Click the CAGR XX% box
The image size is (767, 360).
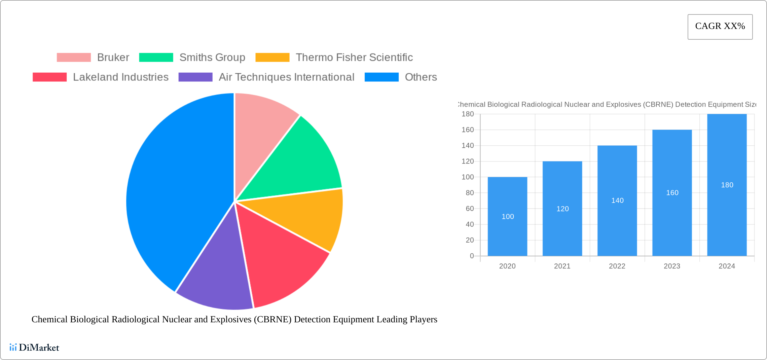[x=720, y=27]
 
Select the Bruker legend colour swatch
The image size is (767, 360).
[x=74, y=58]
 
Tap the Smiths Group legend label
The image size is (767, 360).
[x=212, y=58]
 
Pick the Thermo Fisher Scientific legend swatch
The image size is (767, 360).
[x=272, y=58]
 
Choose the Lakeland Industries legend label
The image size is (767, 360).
[x=120, y=77]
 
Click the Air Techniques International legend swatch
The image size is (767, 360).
[x=195, y=77]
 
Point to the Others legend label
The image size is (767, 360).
[x=421, y=77]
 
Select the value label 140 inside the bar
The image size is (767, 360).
[x=617, y=201]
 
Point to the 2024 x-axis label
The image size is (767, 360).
[x=727, y=266]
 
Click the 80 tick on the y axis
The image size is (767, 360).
[x=470, y=193]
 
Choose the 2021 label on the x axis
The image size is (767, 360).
[x=562, y=266]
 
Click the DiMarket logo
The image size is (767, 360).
[x=34, y=347]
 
